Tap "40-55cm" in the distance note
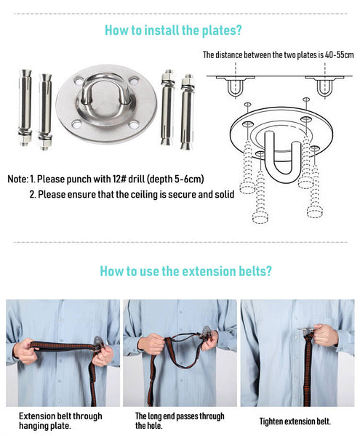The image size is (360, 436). tap(339, 54)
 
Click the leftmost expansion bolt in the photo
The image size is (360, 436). tap(25, 107)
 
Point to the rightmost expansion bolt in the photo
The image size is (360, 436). tap(187, 112)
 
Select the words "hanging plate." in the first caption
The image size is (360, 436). tap(45, 426)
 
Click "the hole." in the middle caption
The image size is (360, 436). tap(149, 426)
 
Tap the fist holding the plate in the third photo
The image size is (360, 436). tap(326, 335)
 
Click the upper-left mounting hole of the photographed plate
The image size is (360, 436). tap(79, 81)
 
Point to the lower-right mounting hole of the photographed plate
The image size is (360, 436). tap(134, 125)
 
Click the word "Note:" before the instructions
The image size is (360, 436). tap(17, 179)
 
